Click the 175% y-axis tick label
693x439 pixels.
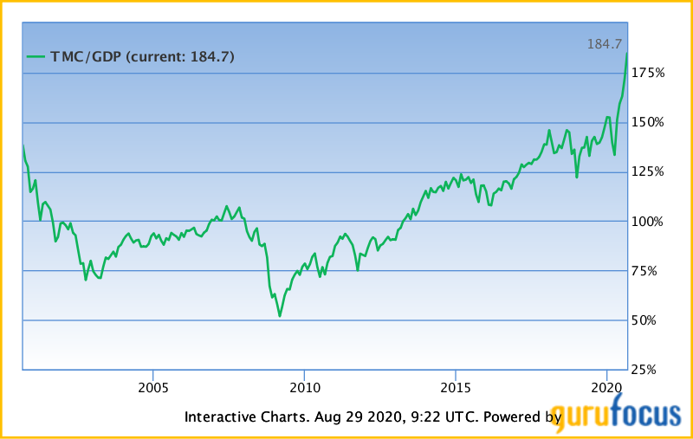[x=648, y=74]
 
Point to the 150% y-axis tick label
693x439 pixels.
[x=648, y=123]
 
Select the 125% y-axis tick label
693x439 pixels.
[x=648, y=172]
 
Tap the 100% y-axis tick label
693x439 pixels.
[x=648, y=222]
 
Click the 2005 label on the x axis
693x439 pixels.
[x=152, y=385]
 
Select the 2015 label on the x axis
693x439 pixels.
[x=456, y=385]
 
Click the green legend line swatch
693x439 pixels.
[x=36, y=57]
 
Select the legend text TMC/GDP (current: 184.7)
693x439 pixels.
[x=142, y=57]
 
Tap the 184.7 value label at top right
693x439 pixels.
[x=606, y=43]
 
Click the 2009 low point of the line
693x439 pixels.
[x=280, y=316]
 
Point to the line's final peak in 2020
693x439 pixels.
[x=627, y=54]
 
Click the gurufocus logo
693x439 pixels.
[x=619, y=416]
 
